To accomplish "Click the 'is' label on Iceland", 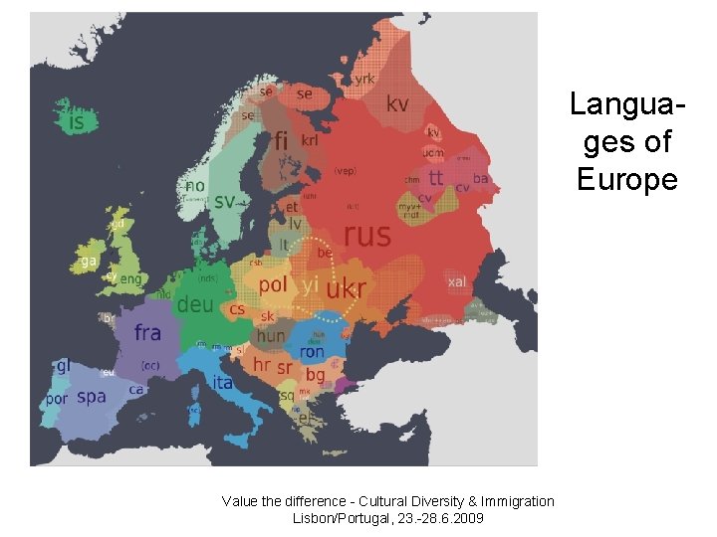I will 76,122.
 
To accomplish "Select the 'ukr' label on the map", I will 347,288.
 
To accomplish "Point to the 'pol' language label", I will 273,283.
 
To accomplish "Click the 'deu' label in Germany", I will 194,305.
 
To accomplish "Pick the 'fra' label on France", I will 147,332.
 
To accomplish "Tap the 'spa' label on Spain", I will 91,397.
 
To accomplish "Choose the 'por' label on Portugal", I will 57,399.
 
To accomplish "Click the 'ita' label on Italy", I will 222,382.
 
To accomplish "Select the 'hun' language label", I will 270,336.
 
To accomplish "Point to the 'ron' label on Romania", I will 312,352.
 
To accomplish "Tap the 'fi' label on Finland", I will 281,142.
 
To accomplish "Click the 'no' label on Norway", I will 195,185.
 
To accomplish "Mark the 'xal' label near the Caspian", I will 456,281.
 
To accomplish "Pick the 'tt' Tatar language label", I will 436,178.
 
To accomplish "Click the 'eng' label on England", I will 130,279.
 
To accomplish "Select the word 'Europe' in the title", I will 626,180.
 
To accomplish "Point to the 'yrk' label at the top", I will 364,78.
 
